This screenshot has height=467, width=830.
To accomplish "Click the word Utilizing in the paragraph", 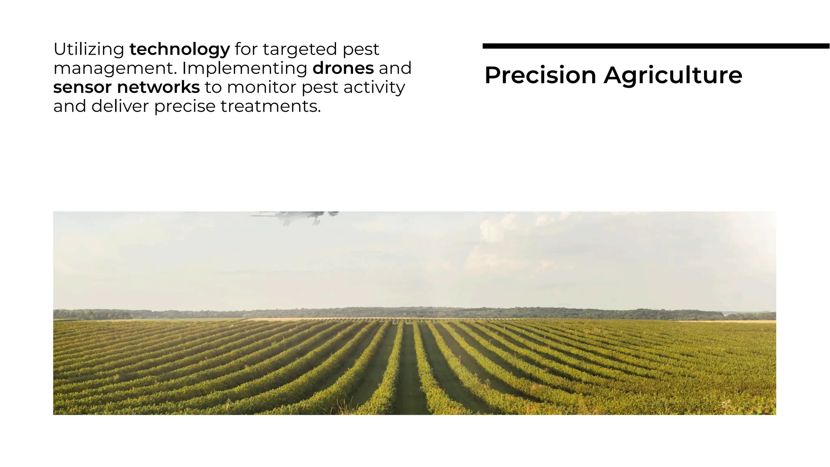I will click(x=89, y=49).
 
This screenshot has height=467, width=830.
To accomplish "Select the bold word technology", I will click(x=180, y=49).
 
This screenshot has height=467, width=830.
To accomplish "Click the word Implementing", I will click(x=245, y=68).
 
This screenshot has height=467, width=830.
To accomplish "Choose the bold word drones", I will click(x=343, y=68).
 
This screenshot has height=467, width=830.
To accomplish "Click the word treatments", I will click(x=270, y=106).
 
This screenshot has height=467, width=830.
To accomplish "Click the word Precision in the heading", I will click(x=540, y=75).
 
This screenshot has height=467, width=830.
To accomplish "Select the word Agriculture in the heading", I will click(x=673, y=75).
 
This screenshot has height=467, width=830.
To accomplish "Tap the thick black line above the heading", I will click(x=656, y=46).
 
